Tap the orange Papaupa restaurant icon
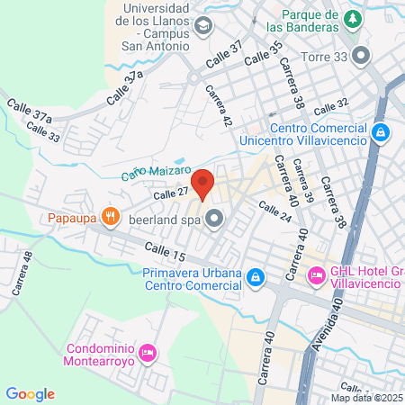[111, 216]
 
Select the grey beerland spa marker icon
[214, 217]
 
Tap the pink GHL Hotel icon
[316, 272]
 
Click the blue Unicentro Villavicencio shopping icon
[381, 133]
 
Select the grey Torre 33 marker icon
[362, 56]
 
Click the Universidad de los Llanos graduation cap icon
[202, 26]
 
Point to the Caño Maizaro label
[157, 170]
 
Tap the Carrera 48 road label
[22, 274]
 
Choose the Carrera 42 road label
[219, 106]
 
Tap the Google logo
[30, 393]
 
